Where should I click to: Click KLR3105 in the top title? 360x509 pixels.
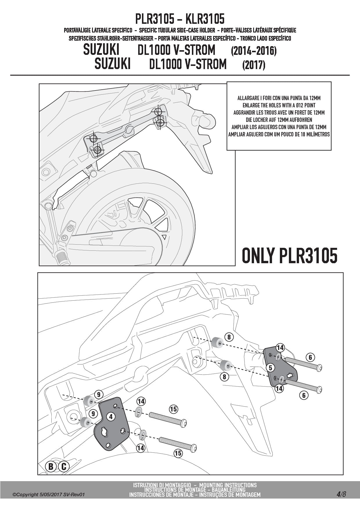(204, 19)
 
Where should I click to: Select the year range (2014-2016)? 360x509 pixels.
(254, 51)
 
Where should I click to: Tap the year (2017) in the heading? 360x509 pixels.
(253, 65)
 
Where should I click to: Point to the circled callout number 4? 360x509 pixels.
(111, 417)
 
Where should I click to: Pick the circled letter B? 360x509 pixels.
(51, 467)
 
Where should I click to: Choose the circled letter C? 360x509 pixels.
(64, 467)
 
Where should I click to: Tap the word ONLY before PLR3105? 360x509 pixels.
(258, 256)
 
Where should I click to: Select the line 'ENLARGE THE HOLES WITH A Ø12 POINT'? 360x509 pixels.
(279, 105)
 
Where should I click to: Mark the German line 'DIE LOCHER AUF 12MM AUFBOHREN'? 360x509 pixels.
(279, 120)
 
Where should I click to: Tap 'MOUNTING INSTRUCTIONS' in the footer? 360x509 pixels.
(228, 485)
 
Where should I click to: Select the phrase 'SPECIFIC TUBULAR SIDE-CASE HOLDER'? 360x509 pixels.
(177, 30)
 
